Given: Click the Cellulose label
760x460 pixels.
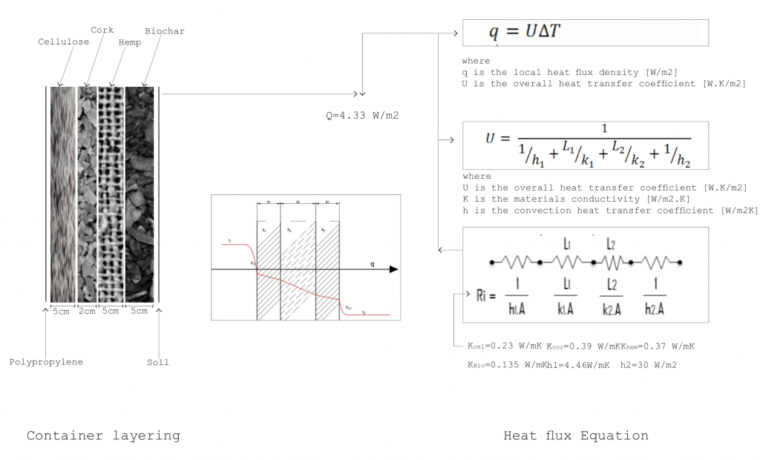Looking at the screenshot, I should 63,42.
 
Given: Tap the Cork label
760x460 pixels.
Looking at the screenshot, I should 102,30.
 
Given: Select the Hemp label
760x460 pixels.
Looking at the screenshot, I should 130,42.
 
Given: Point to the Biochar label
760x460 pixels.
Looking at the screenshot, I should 165,31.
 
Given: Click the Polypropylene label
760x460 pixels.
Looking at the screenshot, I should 46,362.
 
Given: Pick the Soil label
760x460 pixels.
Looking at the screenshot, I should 157,362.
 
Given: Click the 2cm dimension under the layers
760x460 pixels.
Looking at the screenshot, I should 87,311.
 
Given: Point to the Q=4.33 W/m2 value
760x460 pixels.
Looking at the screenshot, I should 357,116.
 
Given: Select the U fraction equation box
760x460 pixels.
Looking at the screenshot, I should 585,145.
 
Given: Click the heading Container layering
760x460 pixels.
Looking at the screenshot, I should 103,436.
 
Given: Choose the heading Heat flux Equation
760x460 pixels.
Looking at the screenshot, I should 575,436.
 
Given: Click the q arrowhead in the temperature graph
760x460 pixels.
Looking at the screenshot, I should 393,269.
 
